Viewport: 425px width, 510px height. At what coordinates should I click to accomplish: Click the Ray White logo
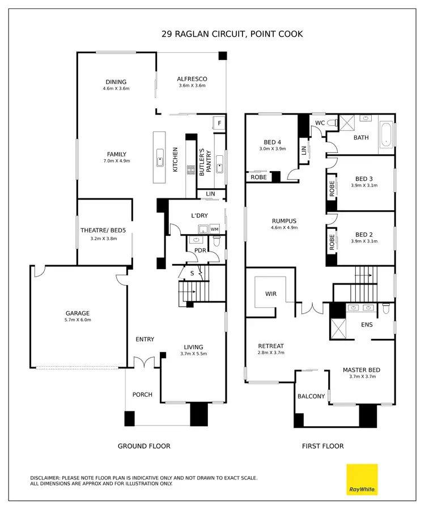(x=362, y=479)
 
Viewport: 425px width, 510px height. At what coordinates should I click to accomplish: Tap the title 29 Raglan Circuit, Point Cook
(x=232, y=34)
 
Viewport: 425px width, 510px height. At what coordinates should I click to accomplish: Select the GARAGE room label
(x=78, y=313)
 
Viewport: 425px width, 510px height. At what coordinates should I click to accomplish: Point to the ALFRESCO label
(x=192, y=79)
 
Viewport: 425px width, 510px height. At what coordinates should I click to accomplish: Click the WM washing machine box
(x=214, y=229)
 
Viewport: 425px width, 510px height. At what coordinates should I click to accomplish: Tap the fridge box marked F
(x=219, y=123)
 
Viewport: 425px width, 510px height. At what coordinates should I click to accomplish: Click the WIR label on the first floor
(x=271, y=294)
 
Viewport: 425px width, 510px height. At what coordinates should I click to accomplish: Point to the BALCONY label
(x=311, y=396)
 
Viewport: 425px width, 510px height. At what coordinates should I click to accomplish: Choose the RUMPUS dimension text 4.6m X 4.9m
(x=284, y=228)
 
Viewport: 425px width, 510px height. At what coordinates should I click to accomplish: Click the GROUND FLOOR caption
(x=144, y=446)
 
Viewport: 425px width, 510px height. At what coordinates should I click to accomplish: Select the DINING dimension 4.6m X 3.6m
(x=116, y=89)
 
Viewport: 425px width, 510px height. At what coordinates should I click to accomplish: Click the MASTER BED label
(x=362, y=370)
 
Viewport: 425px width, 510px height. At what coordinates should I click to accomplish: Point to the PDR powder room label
(x=199, y=250)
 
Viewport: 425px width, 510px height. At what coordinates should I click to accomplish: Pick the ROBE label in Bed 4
(x=258, y=177)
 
